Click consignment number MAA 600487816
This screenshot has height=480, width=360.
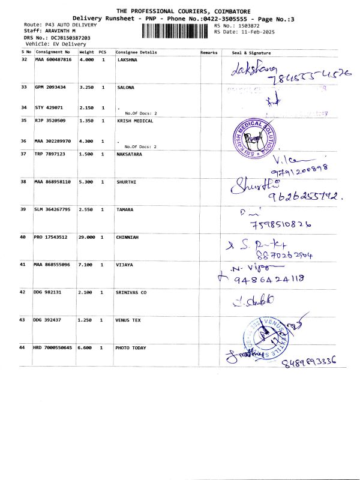53,60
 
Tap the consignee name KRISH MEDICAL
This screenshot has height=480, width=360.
134,121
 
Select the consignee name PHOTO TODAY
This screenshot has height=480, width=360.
131,348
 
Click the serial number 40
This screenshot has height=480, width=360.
23,238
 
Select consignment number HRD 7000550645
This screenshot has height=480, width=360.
53,348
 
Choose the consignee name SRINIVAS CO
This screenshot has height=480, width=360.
131,292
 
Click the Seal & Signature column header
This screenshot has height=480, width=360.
251,52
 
